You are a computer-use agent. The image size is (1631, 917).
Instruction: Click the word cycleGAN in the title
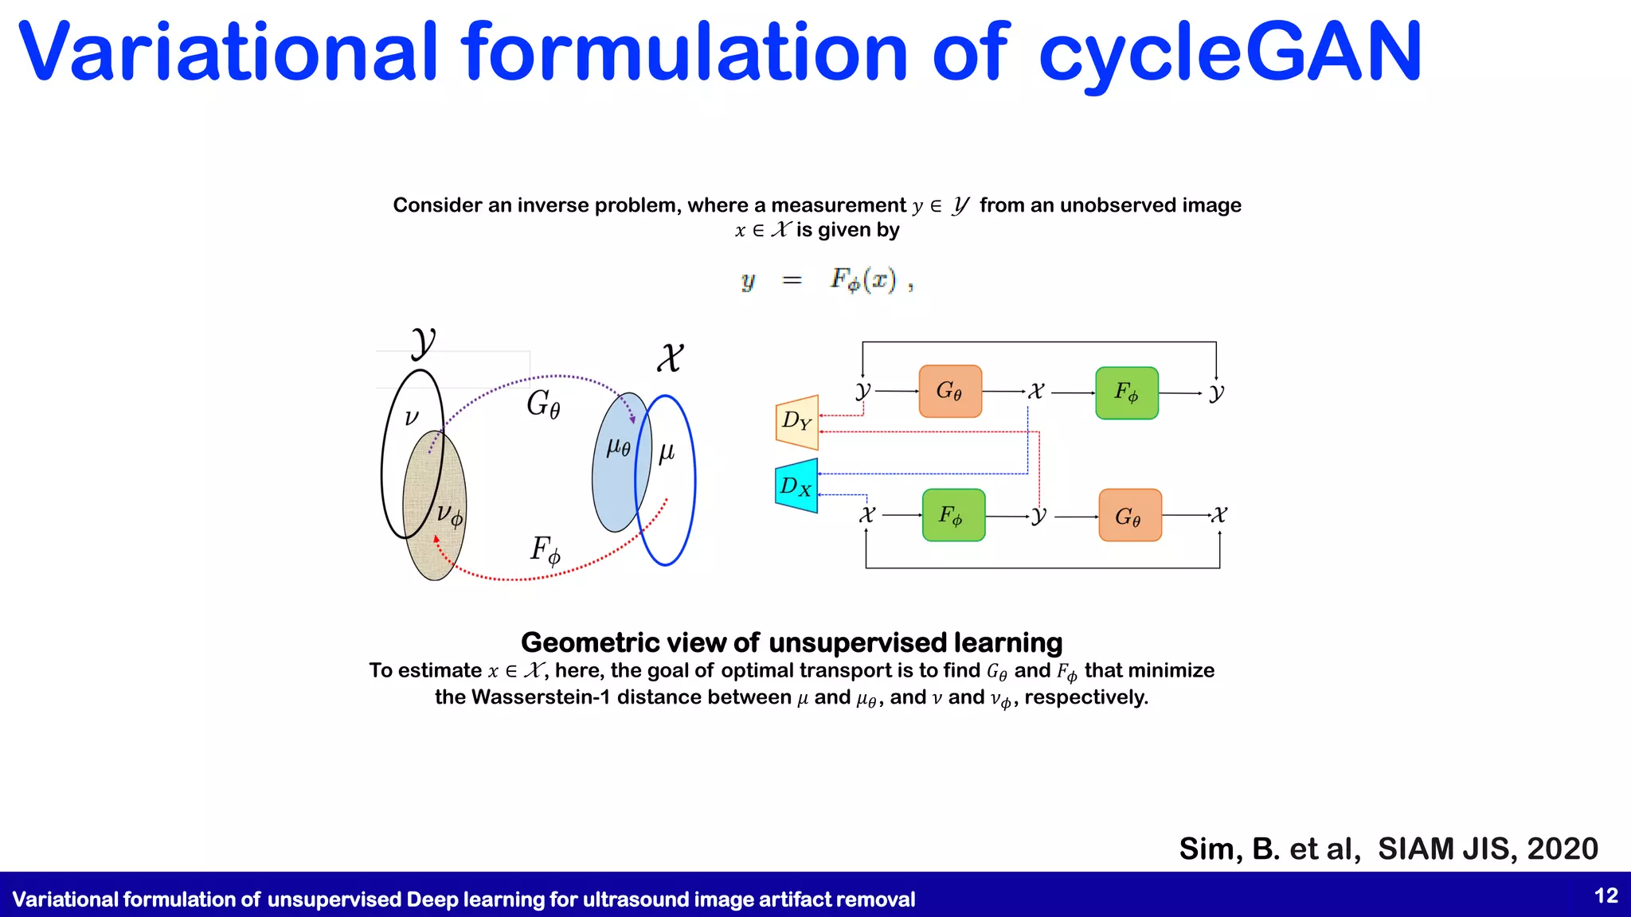coord(1230,54)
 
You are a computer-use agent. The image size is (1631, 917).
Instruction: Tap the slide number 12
coord(1606,896)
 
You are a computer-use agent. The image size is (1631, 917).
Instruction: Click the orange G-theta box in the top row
coord(950,392)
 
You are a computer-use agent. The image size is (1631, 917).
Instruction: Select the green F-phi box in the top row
coord(1126,392)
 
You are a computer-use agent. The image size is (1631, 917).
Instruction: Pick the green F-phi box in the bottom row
coord(953,515)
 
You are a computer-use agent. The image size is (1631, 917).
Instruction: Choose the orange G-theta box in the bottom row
coord(1129,516)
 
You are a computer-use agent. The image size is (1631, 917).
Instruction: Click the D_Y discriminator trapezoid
coord(796,422)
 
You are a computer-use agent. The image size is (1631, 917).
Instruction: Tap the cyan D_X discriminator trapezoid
coord(796,486)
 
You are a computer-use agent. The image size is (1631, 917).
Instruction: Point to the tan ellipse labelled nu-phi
coord(435,549)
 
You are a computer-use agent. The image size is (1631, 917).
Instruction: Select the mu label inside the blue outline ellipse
coord(667,452)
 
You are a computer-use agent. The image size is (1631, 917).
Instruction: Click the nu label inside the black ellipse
coord(411,417)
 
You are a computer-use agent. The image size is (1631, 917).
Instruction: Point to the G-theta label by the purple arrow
coord(543,404)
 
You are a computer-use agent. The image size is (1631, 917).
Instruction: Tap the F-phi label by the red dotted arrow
coord(546,549)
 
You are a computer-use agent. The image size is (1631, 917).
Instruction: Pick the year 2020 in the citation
coord(1563,849)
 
